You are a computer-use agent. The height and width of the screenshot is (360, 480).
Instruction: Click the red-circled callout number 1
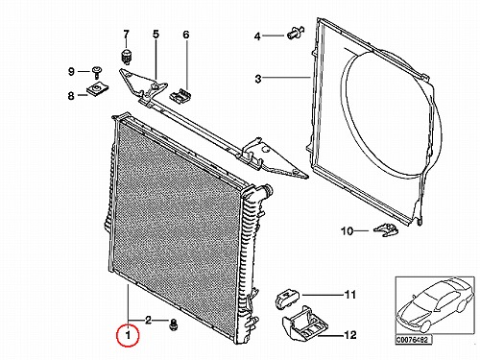128,335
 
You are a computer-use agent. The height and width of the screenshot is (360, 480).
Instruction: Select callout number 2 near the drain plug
148,320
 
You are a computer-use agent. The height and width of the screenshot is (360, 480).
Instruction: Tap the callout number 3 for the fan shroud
258,79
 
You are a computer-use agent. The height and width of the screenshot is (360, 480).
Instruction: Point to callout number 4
257,36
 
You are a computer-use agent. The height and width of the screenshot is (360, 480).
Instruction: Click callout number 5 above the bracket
156,34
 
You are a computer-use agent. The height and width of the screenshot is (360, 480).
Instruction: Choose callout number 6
186,35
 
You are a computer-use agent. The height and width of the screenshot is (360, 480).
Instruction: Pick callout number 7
126,34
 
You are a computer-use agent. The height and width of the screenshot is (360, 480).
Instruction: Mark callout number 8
71,96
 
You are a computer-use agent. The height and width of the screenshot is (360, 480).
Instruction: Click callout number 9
71,71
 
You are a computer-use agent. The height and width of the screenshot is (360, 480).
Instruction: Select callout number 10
347,231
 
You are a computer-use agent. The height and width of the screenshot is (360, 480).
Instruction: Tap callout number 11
349,295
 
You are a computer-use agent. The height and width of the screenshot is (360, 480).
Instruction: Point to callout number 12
350,335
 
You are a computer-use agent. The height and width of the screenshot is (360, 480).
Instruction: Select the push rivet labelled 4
295,33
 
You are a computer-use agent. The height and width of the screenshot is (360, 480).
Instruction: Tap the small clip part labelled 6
181,95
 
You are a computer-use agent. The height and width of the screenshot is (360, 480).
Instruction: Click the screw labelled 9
95,72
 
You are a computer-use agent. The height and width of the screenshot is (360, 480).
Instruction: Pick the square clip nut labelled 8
98,88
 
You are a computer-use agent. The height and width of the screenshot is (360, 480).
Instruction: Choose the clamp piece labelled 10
386,229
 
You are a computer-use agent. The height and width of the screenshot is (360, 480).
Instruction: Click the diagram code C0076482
414,340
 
